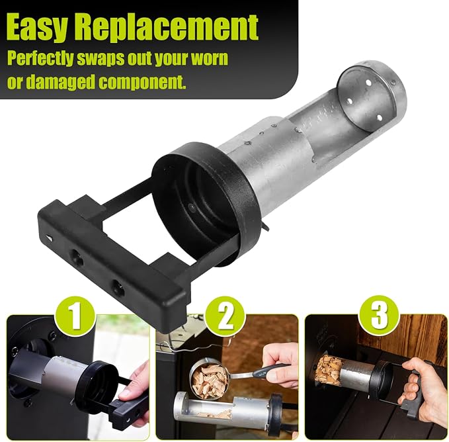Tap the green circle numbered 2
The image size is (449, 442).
(226, 318)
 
